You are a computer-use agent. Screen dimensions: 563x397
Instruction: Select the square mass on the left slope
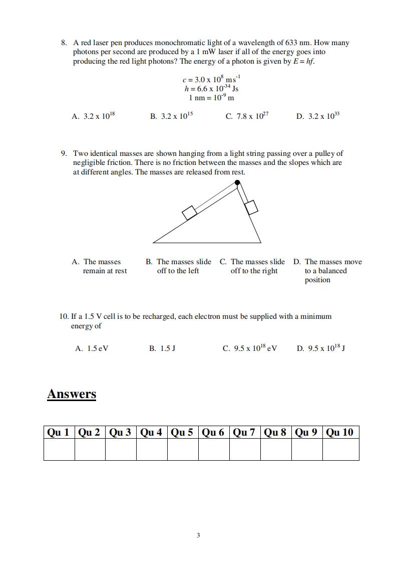pyautogui.click(x=189, y=213)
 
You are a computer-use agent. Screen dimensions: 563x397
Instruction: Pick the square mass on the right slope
pyautogui.click(x=251, y=207)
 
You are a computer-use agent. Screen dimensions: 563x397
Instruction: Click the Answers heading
pyautogui.click(x=72, y=394)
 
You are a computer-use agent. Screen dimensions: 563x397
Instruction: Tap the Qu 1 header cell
pyautogui.click(x=59, y=432)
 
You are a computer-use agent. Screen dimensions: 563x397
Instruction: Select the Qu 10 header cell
pyautogui.click(x=340, y=432)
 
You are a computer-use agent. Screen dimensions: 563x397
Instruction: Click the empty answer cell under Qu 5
pyautogui.click(x=183, y=450)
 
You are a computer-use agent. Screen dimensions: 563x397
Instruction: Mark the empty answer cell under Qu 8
pyautogui.click(x=276, y=450)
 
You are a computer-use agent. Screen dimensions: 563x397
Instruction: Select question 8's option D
pyautogui.click(x=318, y=116)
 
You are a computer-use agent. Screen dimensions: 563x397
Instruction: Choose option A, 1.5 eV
pyautogui.click(x=92, y=348)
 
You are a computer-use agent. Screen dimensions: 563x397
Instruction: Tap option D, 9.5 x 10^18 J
pyautogui.click(x=321, y=348)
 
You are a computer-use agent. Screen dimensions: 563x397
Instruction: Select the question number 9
pyautogui.click(x=64, y=153)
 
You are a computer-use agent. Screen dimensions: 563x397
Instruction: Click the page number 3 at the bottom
pyautogui.click(x=198, y=535)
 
